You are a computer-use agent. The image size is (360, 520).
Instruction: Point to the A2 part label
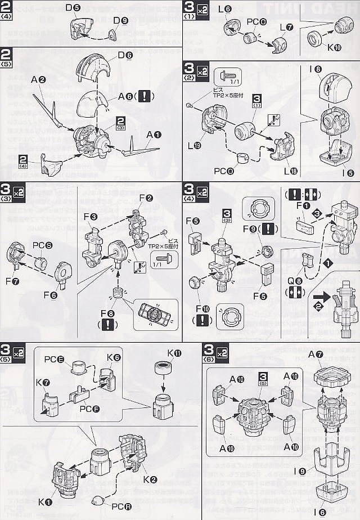click(x=38, y=80)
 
